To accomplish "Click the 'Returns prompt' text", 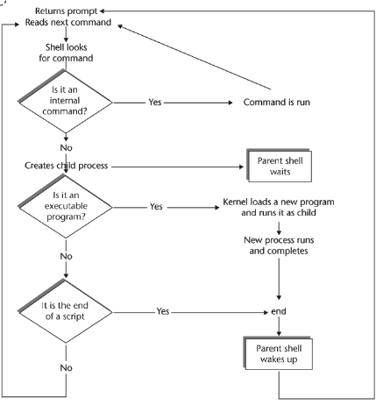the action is [67, 11].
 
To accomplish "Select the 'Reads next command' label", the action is [68, 22].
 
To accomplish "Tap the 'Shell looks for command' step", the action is [66, 53].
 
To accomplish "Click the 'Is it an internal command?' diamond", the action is [65, 101].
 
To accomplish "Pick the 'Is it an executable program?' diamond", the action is [65, 206].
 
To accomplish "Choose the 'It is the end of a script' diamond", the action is [65, 311].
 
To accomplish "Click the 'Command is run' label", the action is [276, 103].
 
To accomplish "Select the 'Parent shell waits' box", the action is [280, 166].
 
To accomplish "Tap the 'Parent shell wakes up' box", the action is [278, 353].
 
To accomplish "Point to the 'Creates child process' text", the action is [67, 166].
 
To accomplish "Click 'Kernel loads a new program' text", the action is [279, 202].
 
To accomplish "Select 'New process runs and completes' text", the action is [279, 245].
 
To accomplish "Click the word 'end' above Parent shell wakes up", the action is [279, 311].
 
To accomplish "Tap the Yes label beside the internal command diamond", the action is [155, 102].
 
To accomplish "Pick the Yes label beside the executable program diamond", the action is [156, 207].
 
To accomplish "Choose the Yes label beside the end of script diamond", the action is [163, 311].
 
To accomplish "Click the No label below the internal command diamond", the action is [66, 148].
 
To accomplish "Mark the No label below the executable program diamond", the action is [66, 256].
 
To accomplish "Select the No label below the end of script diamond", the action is [66, 367].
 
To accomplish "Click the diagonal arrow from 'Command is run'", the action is [195, 57].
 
